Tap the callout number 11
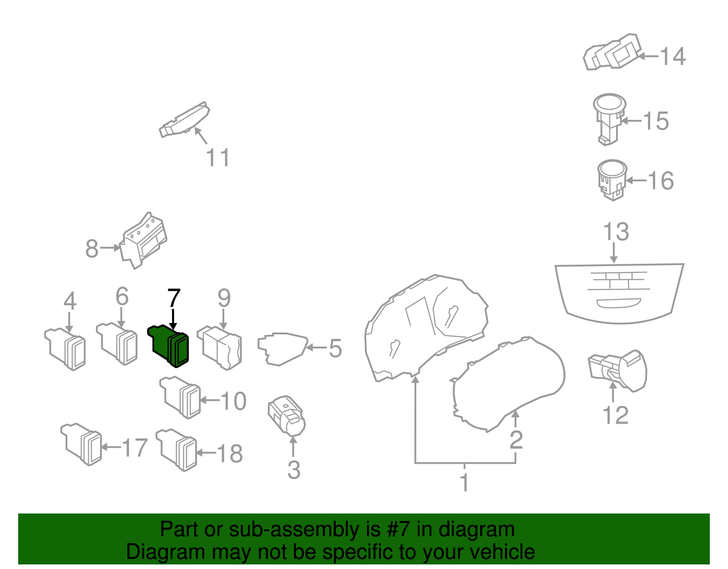click(x=218, y=158)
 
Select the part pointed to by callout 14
click(x=612, y=52)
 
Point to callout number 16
click(x=661, y=181)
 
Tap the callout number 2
click(x=516, y=439)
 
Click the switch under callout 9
click(x=220, y=348)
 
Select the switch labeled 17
click(x=82, y=444)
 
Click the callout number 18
click(x=230, y=454)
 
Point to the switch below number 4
click(x=66, y=349)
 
